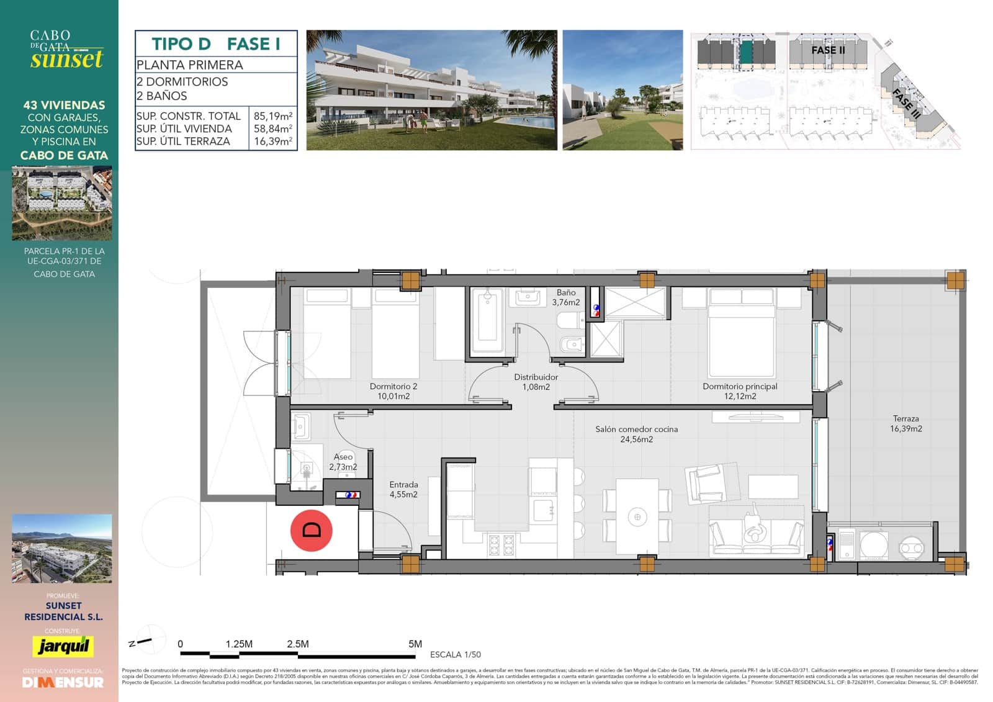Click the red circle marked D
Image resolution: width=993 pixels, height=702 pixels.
point(312,530)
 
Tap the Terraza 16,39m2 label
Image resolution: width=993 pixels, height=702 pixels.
point(905,424)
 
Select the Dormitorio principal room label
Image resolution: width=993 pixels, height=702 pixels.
point(740,391)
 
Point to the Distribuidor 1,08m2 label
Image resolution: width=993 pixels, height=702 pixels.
point(536,382)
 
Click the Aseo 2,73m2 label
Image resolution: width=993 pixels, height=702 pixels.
point(343,462)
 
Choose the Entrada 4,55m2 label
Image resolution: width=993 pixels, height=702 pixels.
point(403,490)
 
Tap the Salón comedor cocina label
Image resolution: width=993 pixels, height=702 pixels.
point(636,434)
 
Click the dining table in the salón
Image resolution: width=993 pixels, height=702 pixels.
point(637,516)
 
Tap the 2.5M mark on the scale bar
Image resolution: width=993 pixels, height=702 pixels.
point(298,644)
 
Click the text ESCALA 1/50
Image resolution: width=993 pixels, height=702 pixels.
point(455,655)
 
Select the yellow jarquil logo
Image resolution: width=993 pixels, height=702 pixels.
point(63,646)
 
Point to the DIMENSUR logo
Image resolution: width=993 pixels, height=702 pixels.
point(63,682)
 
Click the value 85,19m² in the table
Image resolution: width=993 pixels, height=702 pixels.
point(273,116)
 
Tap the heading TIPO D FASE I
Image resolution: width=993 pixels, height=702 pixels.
point(215,44)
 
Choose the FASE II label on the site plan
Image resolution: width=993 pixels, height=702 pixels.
point(828,50)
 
